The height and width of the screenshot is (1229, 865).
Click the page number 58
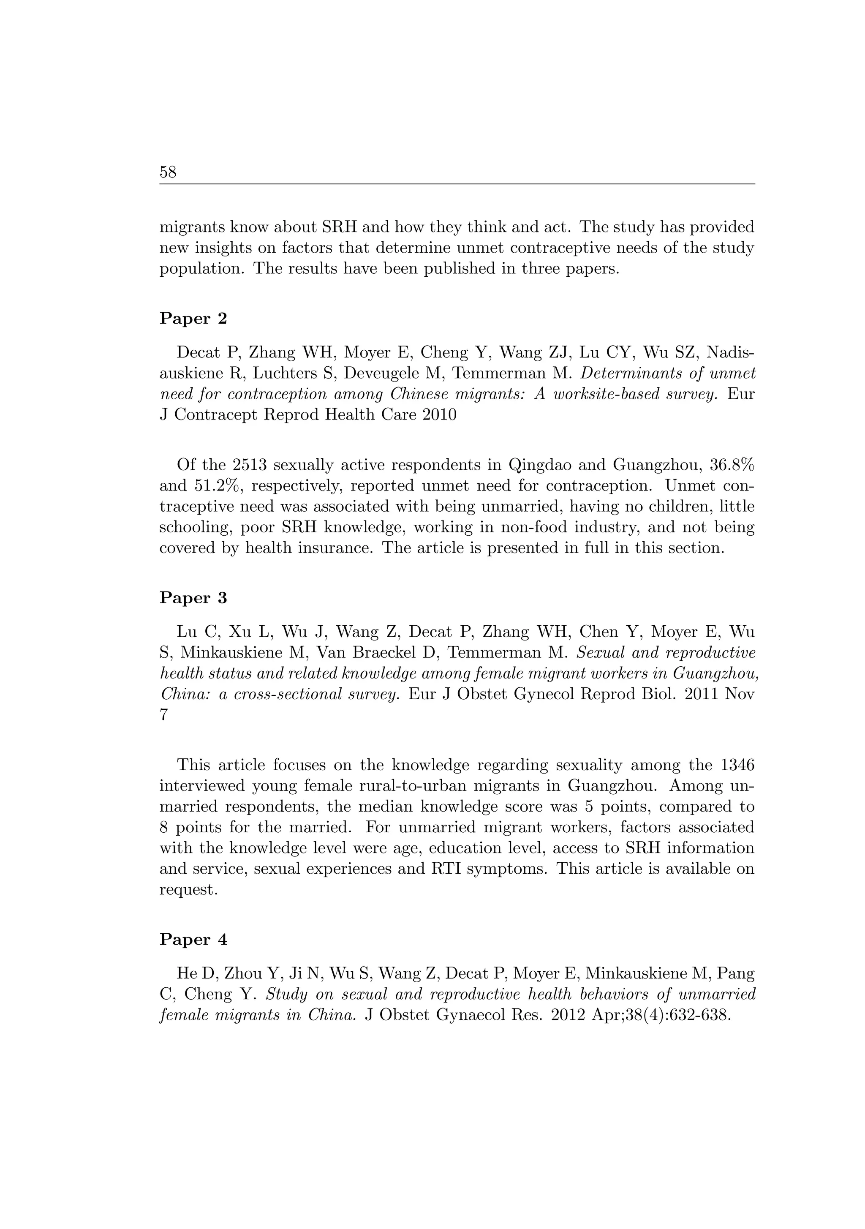(x=168, y=172)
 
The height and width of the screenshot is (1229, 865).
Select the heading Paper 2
(x=193, y=319)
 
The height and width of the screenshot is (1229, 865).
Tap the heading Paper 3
(x=193, y=598)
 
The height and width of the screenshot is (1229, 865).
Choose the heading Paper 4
(x=193, y=940)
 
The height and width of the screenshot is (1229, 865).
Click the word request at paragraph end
(x=188, y=890)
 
